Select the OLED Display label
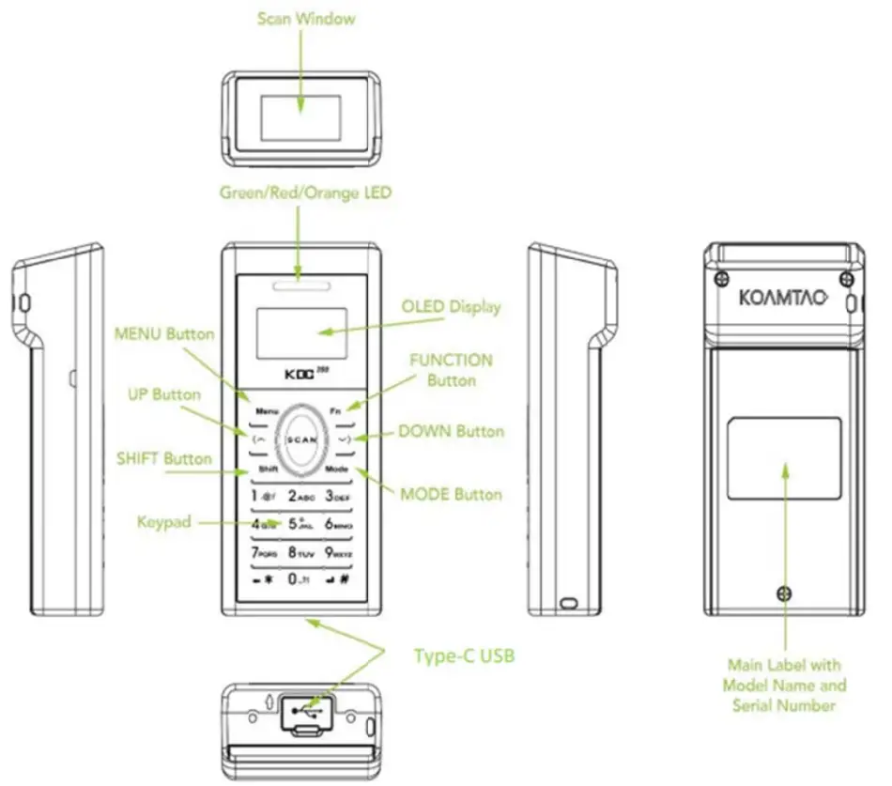pos(451,307)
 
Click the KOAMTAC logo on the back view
pos(782,298)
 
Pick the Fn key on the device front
pos(336,411)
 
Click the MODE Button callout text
pos(451,494)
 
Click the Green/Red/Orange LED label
pos(305,193)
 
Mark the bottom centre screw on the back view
pos(782,592)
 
